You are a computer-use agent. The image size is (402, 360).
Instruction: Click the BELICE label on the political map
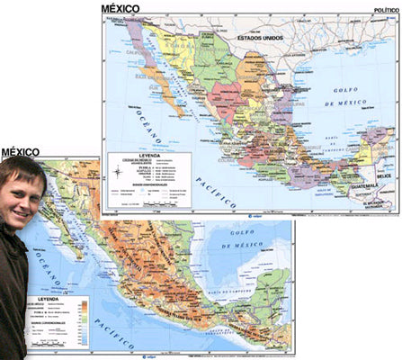(384, 177)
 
